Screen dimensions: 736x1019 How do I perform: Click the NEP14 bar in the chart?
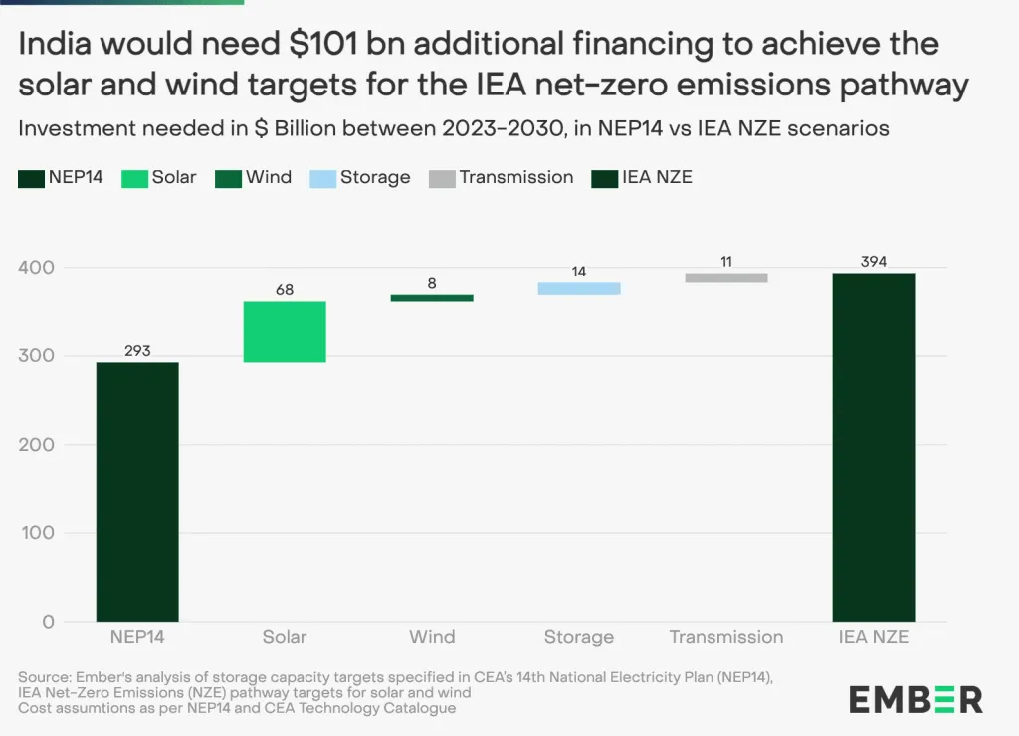point(137,491)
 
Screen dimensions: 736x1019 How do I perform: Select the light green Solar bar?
point(285,331)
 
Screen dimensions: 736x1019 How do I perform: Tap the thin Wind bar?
point(432,298)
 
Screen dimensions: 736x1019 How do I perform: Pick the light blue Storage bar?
point(579,288)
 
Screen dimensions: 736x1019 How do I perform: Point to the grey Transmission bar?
point(726,277)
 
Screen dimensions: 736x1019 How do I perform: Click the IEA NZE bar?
point(873,447)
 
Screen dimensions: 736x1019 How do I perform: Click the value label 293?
point(137,350)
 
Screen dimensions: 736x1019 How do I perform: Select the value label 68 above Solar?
point(285,290)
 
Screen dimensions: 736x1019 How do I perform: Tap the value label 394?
point(873,261)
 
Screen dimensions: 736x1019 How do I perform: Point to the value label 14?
point(579,272)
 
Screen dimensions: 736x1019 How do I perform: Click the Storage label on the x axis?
point(579,637)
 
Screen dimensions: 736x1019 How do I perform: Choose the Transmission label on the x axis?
point(726,637)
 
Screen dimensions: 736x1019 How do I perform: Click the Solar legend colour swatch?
point(134,178)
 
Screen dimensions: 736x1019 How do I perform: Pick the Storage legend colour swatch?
point(321,178)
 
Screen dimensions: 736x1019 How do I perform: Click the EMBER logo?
point(916,699)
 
